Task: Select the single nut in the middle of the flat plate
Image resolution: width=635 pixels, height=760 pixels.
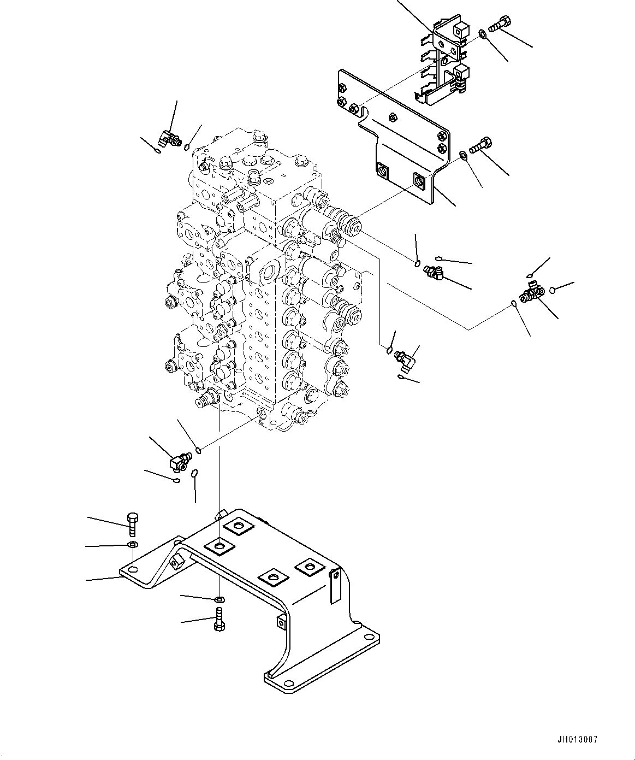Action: [393, 116]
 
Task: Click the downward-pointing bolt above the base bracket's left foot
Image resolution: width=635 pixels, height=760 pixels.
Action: [133, 524]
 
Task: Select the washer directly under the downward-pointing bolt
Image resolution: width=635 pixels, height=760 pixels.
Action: [132, 545]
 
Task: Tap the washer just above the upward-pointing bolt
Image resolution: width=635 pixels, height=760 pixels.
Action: [219, 600]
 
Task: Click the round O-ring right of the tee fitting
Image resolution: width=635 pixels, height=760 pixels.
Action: [553, 290]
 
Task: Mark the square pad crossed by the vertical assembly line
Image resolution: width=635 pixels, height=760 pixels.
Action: [219, 546]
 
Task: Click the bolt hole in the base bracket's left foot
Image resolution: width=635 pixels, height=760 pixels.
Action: [132, 570]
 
